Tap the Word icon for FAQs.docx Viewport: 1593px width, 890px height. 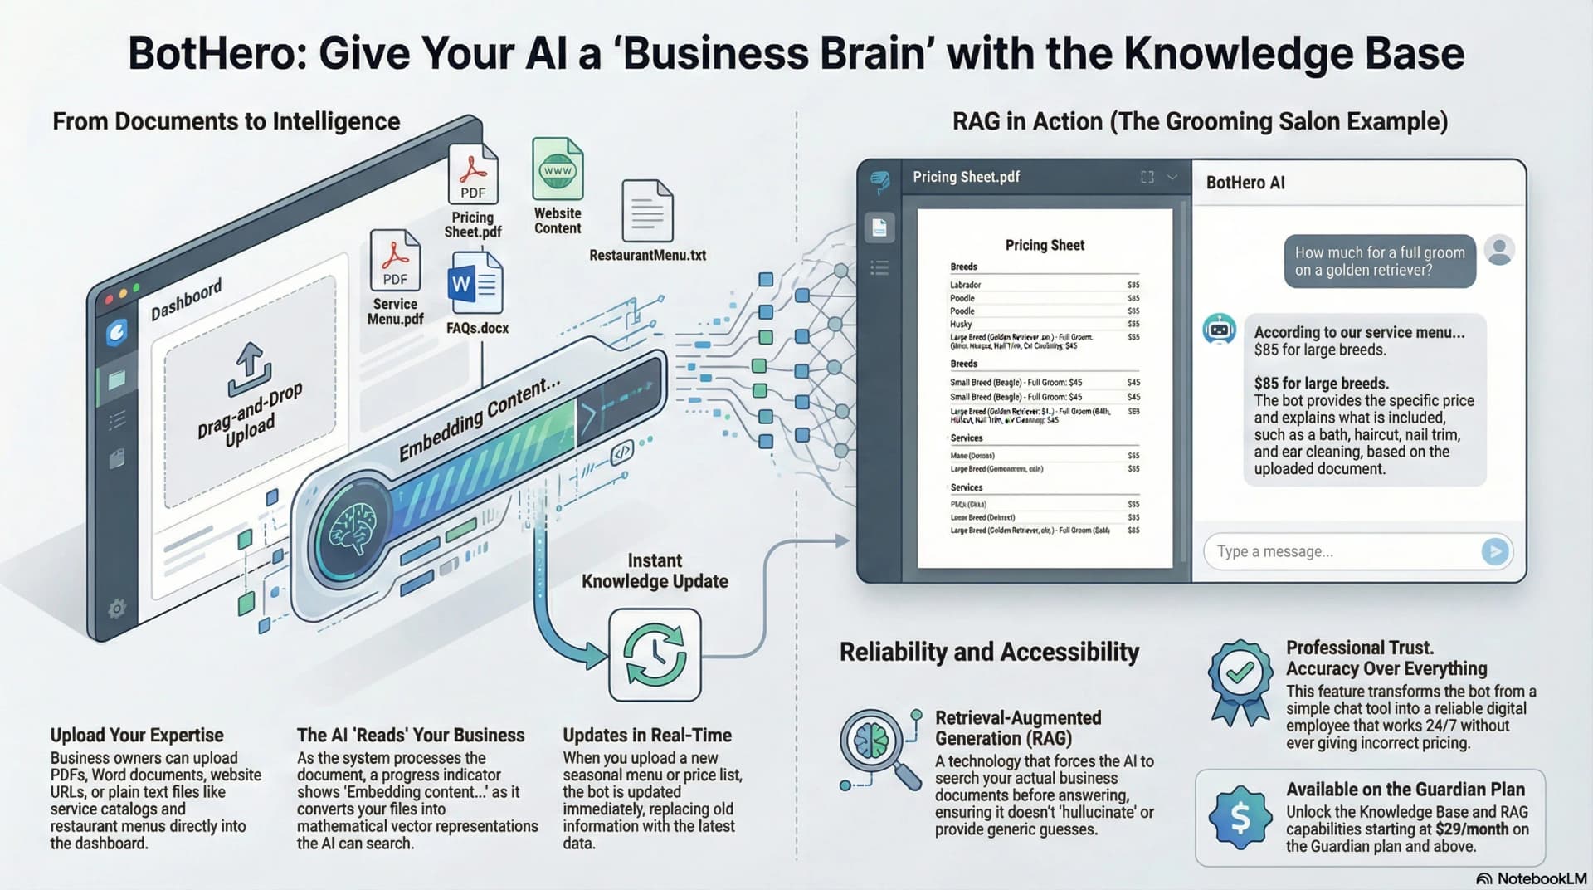tap(475, 284)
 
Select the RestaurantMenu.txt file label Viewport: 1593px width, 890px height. tap(647, 255)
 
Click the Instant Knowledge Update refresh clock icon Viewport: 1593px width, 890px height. tap(655, 654)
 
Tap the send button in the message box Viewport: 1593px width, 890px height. tap(1494, 551)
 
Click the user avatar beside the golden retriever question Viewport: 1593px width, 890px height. tap(1499, 250)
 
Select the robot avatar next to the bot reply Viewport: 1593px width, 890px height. tap(1219, 330)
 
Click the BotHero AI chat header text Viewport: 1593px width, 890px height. tap(1245, 183)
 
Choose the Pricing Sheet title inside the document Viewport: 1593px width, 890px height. tap(1045, 245)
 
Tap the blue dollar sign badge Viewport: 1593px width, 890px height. tap(1240, 819)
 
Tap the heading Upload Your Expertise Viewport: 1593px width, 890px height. tap(137, 735)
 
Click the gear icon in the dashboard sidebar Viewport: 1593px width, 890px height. tap(117, 609)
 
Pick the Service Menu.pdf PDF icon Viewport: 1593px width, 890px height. tap(395, 261)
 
